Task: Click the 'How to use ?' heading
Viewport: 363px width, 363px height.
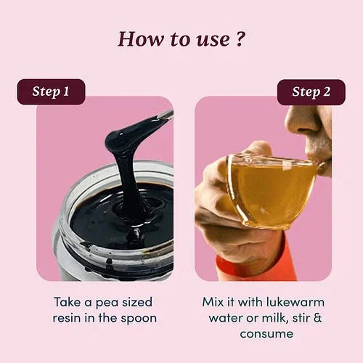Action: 181,38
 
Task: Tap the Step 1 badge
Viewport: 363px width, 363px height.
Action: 51,91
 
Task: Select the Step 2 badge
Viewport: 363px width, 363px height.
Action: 311,92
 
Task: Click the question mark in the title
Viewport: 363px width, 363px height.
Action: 240,38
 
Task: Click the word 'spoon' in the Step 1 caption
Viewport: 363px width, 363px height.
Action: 139,319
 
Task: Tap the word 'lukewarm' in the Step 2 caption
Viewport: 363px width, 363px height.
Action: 295,302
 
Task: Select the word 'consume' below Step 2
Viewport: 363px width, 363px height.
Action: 266,334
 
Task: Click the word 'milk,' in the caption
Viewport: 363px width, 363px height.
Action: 275,318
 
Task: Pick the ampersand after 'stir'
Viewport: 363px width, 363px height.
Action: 317,318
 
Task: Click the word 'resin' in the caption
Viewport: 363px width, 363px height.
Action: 67,318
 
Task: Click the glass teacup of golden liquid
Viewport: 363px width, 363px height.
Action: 274,191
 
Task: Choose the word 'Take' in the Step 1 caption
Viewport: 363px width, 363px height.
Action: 68,302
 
